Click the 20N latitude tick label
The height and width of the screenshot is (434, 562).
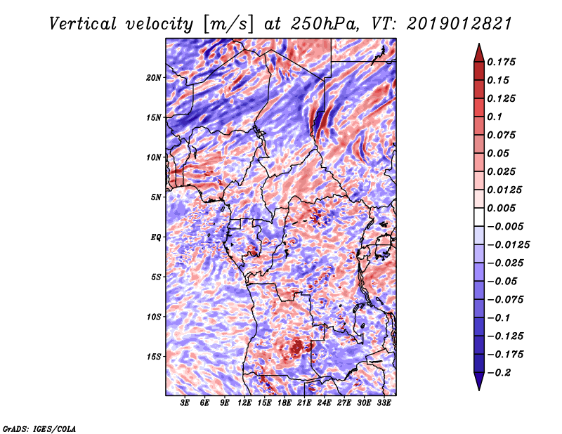tap(154, 78)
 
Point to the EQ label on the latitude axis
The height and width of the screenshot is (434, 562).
tap(155, 237)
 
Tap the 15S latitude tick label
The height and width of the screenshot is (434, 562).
tap(154, 357)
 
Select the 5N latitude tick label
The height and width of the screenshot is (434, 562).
tap(156, 197)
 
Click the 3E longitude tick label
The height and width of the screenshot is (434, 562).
tap(185, 403)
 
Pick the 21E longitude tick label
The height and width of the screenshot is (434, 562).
tap(304, 403)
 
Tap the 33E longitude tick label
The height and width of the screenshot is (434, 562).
tap(384, 403)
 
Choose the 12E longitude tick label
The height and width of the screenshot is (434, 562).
tap(244, 403)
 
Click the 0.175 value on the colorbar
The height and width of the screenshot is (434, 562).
tap(501, 62)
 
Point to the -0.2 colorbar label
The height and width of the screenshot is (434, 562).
tap(499, 373)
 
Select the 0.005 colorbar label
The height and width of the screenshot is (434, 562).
tap(501, 208)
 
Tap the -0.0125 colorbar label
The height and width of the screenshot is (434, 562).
tap(508, 245)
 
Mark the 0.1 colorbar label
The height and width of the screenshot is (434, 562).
tap(495, 117)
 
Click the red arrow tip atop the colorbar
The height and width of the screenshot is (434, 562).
tap(479, 44)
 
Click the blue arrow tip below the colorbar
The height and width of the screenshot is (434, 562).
tap(479, 390)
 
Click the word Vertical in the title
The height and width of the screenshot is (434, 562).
tap(83, 24)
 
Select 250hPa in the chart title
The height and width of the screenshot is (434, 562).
tap(324, 24)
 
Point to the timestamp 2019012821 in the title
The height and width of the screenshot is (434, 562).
tap(459, 24)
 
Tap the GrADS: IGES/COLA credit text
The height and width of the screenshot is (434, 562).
tap(39, 428)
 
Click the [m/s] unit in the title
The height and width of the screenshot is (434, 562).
tap(228, 25)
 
